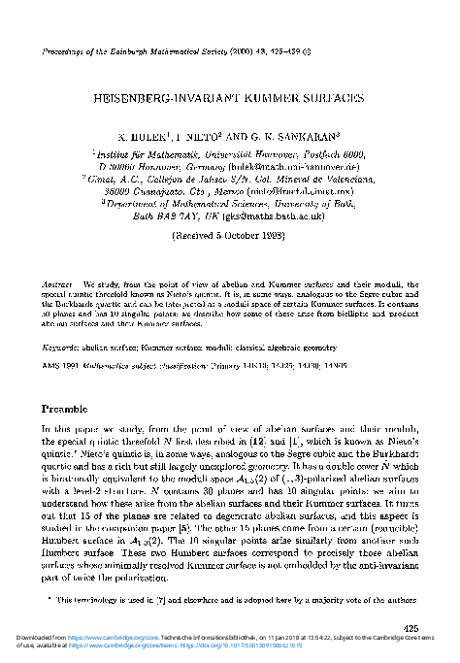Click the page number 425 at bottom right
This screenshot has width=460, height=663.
pyautogui.click(x=411, y=628)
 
